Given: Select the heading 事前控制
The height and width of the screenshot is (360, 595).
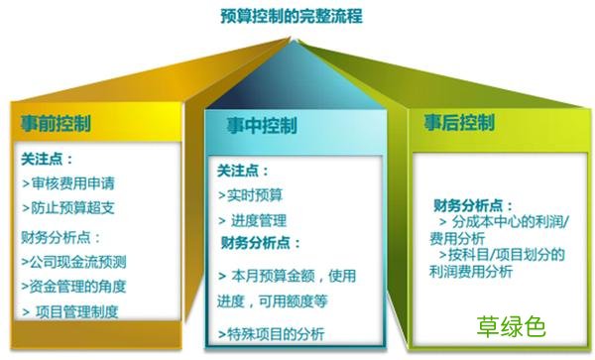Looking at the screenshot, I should click(x=57, y=124).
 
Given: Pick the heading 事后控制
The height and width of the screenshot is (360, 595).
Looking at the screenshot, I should click(x=459, y=123).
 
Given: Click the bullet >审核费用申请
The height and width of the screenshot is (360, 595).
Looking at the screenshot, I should click(x=65, y=182).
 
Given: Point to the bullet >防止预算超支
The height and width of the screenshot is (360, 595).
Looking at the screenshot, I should click(x=65, y=208).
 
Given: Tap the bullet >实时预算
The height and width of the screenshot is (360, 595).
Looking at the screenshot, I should click(x=250, y=195).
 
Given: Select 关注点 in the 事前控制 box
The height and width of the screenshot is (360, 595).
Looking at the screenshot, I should click(x=47, y=158).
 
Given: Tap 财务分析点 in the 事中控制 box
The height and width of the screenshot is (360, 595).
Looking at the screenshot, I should click(x=260, y=243).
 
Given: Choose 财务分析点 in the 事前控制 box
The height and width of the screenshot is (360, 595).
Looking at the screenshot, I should click(x=60, y=237).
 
